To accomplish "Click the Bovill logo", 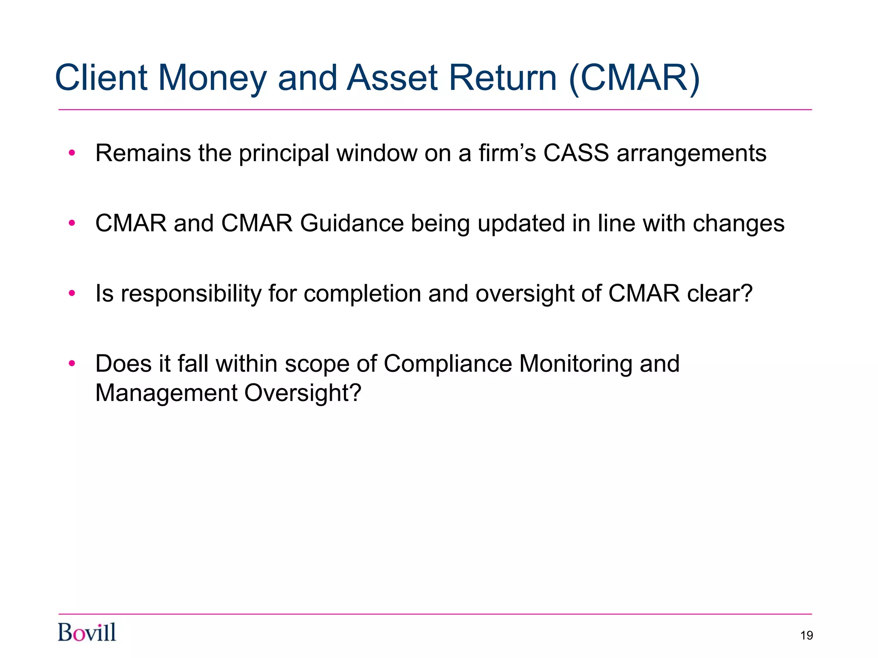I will (87, 632).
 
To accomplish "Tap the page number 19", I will (806, 635).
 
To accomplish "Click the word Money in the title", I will (212, 78).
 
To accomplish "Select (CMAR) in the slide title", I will (634, 78).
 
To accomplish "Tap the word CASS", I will (576, 153).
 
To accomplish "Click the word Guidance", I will (352, 223).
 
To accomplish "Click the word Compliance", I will (448, 364).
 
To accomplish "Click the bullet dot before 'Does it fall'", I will (72, 364).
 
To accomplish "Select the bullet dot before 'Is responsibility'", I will (72, 293).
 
